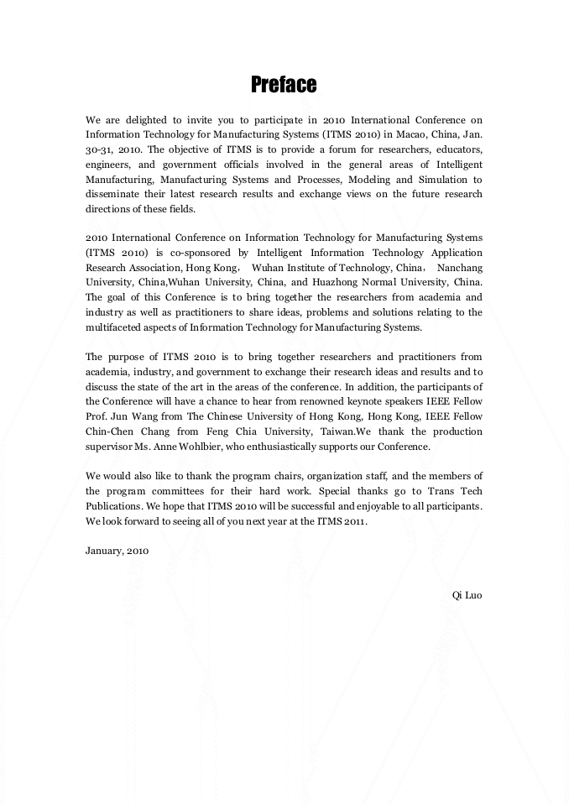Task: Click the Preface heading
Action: point(284,85)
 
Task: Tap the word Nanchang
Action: point(458,267)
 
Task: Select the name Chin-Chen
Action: point(111,431)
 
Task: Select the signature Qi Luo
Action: point(467,595)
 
